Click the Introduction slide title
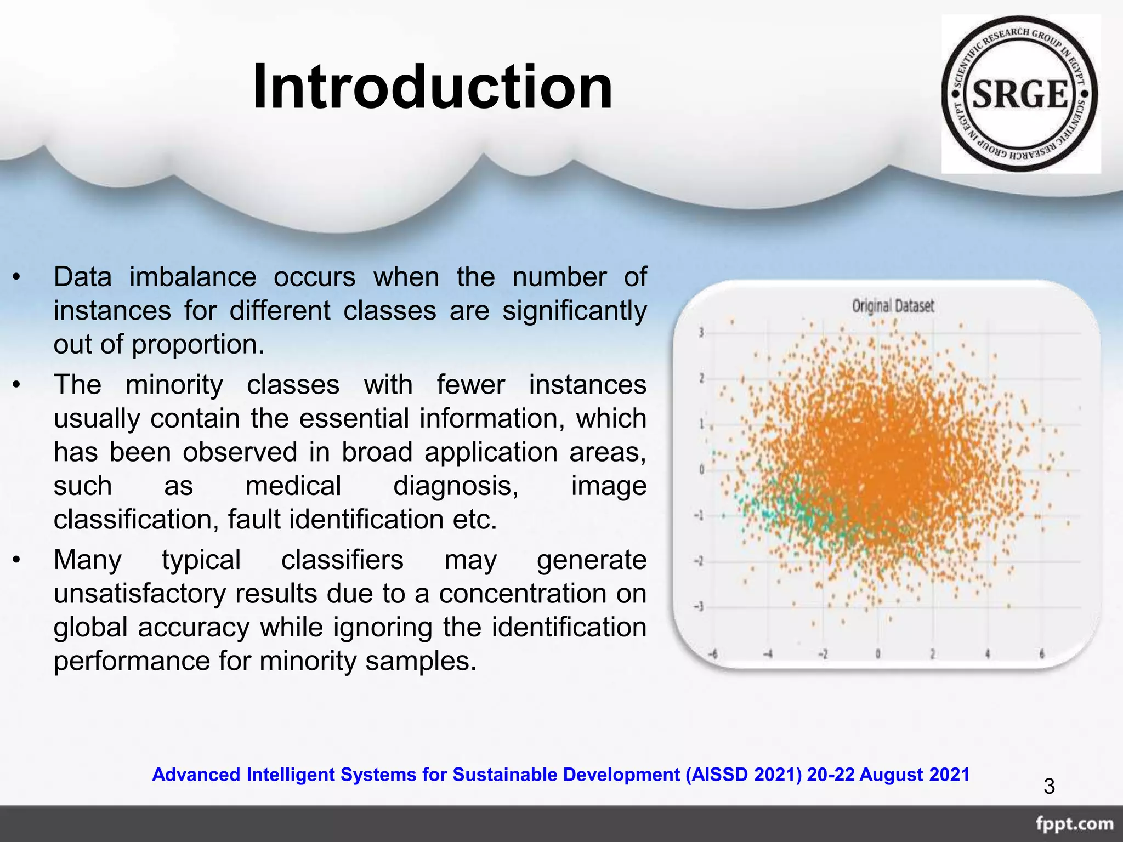[x=432, y=88]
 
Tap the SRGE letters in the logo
[x=1020, y=94]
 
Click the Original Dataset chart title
[x=893, y=306]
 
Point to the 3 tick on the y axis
[x=701, y=333]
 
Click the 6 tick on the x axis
[x=1042, y=654]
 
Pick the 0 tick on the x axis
[x=878, y=654]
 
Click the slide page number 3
[x=1049, y=787]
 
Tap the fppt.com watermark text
[x=1074, y=824]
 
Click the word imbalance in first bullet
[x=192, y=277]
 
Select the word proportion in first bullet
[x=197, y=344]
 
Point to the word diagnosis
[x=456, y=486]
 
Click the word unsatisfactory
[x=139, y=594]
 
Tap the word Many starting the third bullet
[x=88, y=560]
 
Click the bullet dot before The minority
[x=17, y=385]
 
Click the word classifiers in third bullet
[x=342, y=560]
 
